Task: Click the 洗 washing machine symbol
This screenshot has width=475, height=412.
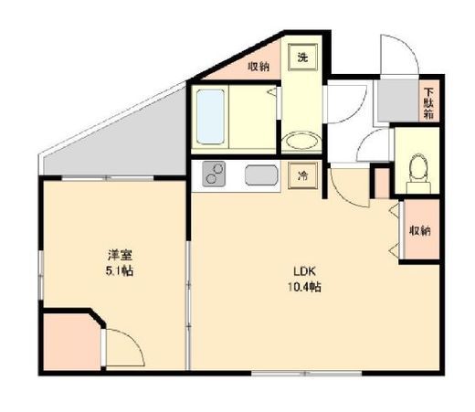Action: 302,58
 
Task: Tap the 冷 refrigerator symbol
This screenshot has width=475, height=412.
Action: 302,175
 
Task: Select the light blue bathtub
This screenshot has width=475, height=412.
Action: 210,117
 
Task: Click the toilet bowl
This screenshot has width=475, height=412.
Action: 418,173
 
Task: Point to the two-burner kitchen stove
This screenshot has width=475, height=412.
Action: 214,174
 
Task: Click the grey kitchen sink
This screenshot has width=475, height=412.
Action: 261,175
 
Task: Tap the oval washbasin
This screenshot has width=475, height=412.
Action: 301,142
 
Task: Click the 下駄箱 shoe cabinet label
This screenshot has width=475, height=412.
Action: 429,103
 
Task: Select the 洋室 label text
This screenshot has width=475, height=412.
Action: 120,255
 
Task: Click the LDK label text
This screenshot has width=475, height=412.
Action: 304,270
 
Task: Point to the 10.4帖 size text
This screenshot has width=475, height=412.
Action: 304,287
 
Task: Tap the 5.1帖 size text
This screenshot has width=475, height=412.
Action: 120,270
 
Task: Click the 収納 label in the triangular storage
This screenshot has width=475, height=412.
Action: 259,66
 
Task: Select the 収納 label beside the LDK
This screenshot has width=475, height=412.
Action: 420,231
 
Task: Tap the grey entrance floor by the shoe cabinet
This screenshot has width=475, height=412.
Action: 398,100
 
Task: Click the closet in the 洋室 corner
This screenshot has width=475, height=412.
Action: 72,342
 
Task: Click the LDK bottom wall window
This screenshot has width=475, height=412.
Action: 307,373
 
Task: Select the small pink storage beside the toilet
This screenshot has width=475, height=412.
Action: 382,183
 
